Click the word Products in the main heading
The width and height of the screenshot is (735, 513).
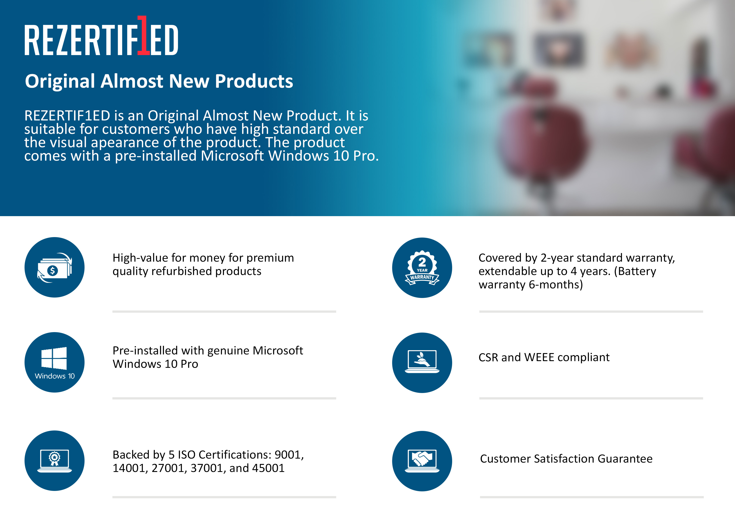click(x=254, y=81)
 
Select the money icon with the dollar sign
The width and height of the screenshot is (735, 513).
click(x=54, y=267)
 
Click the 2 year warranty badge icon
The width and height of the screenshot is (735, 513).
click(x=422, y=268)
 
